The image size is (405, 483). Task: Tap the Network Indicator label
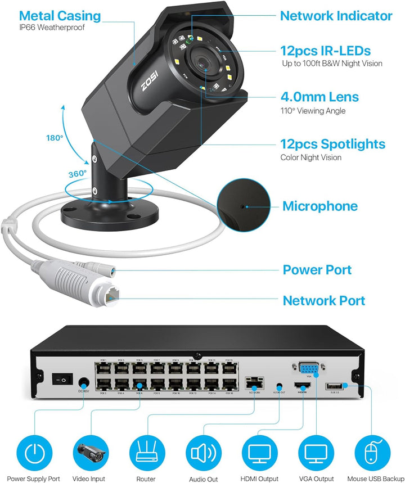coord(336,16)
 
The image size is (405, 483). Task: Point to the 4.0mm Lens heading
coord(319,97)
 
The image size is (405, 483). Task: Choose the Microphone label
coord(319,206)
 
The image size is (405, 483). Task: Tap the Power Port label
coord(317,270)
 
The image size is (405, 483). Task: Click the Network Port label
coord(323,301)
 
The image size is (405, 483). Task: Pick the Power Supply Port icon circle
coord(33,452)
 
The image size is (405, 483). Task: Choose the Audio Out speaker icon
coord(202,452)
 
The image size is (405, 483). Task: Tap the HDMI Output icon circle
coord(259,452)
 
